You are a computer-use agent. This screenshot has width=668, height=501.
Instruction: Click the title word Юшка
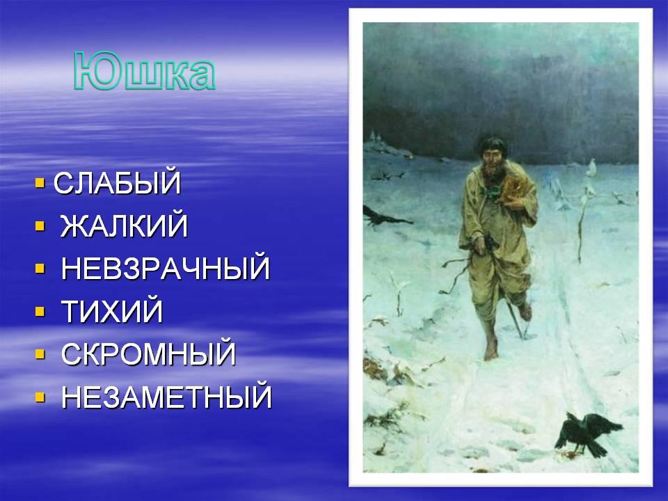point(145,71)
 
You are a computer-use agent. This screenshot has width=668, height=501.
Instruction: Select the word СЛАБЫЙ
point(118,183)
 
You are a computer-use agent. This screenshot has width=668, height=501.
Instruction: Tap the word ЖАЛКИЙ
point(124,225)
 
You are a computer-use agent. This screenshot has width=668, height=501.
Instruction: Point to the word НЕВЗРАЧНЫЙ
point(166,268)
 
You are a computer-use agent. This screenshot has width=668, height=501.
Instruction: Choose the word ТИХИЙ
point(112,311)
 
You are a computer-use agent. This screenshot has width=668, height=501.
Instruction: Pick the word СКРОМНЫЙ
point(149,353)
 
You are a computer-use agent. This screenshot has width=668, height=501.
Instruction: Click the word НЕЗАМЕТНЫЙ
point(166,397)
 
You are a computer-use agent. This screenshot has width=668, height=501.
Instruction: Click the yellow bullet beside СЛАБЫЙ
point(40,183)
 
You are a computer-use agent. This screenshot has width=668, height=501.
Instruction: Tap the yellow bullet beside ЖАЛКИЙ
point(40,225)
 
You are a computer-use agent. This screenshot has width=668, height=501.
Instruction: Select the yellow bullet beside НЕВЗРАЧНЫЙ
point(40,269)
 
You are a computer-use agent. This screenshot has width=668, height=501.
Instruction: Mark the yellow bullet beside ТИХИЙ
point(40,311)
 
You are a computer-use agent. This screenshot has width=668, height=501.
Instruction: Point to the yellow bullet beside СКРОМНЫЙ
point(40,354)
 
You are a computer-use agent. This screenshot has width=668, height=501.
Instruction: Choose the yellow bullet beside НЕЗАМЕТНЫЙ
point(40,397)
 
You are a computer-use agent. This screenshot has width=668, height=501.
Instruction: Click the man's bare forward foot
point(491,351)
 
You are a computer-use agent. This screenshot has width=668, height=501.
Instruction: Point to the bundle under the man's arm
point(515,189)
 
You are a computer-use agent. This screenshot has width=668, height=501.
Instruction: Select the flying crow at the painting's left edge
point(383,216)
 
